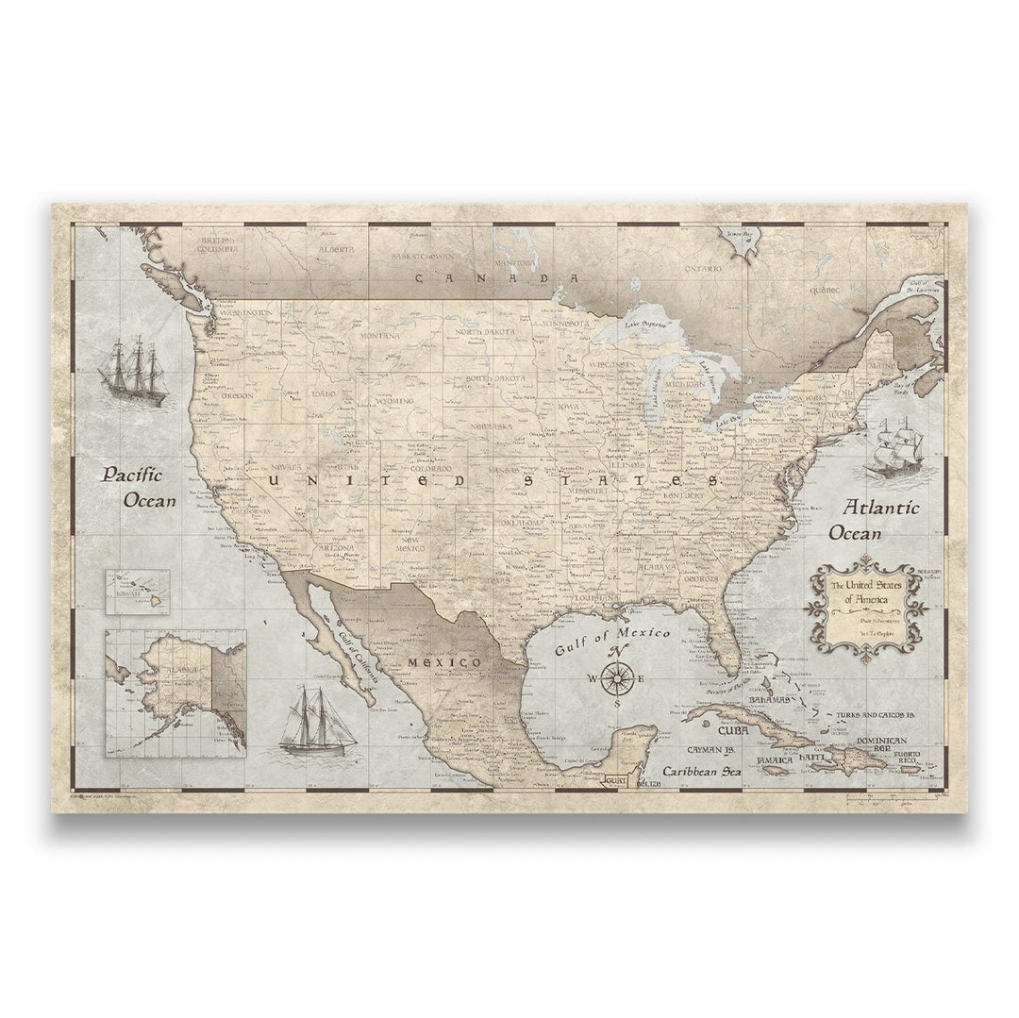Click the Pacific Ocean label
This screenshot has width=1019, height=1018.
139,487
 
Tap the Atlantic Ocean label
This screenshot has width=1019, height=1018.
873,520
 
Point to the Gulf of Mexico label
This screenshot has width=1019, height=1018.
612,641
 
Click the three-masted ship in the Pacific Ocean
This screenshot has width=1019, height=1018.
132,372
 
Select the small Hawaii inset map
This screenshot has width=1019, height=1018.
138,592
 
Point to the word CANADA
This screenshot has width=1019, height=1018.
497,278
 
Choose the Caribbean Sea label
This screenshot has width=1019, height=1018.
701,771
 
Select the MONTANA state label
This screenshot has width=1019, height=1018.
378,335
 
